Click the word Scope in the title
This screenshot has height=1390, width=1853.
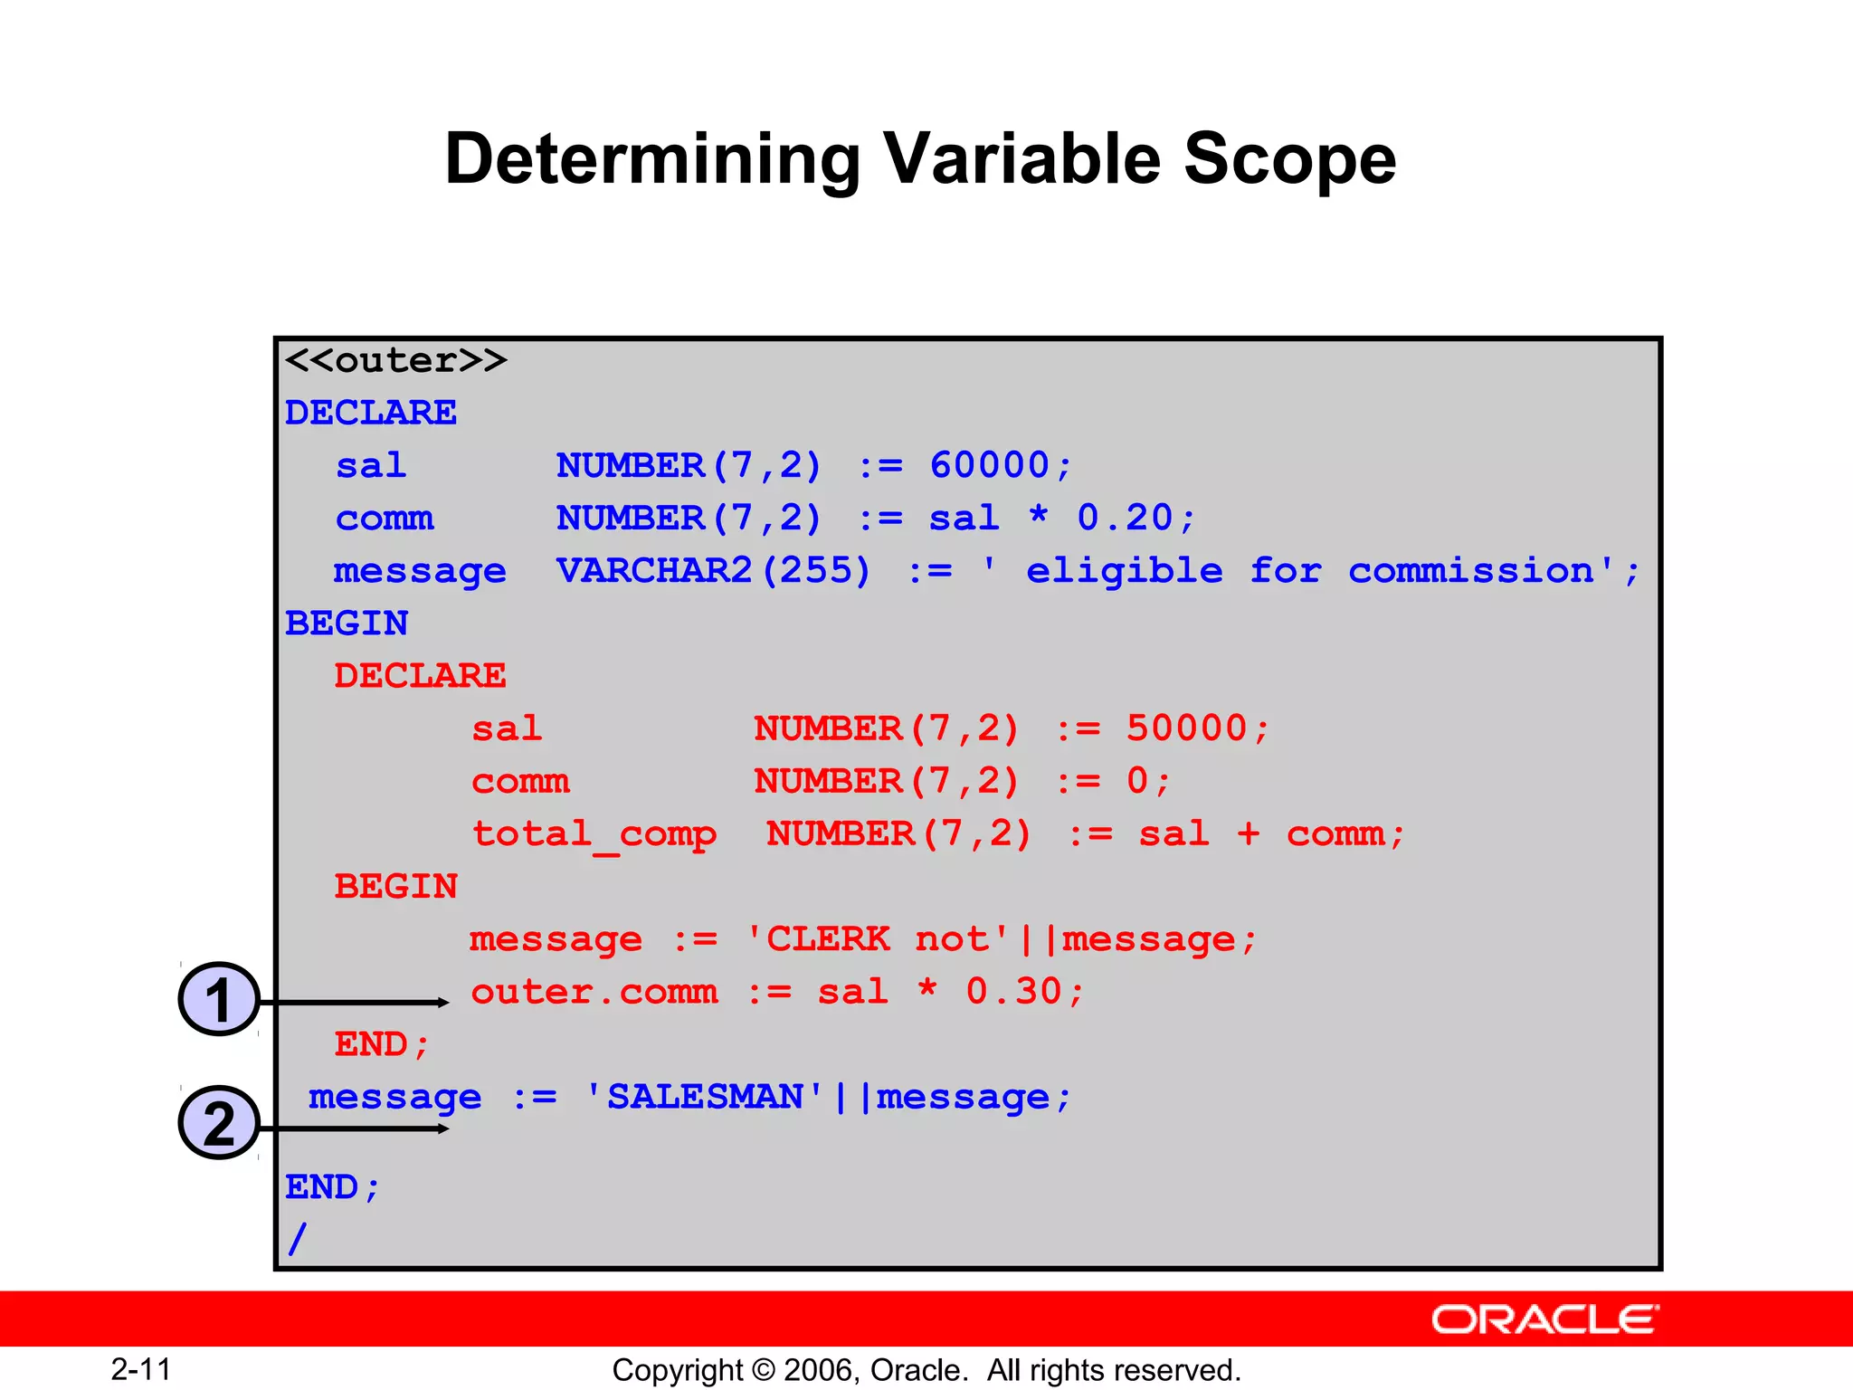point(1289,160)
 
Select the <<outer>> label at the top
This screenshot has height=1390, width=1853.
point(395,360)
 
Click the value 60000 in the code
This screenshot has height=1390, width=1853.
point(989,465)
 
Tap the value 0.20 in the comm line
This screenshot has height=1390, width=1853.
point(1125,518)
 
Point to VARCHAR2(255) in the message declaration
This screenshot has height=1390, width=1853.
point(713,570)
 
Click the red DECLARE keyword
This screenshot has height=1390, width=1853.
point(420,676)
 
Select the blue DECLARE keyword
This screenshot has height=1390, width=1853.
point(371,413)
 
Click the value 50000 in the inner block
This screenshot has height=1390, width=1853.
point(1186,728)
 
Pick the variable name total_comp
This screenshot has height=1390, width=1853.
point(594,834)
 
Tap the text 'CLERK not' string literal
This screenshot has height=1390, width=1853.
point(877,939)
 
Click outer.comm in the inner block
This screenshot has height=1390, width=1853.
point(594,992)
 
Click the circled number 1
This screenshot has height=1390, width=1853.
point(219,999)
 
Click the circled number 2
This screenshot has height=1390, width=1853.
point(219,1123)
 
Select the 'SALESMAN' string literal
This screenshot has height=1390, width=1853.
point(705,1097)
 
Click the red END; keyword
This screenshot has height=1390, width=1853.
point(381,1044)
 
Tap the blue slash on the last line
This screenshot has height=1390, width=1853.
point(298,1239)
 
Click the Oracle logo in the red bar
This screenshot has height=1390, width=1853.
point(1544,1319)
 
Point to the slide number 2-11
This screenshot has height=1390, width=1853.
point(141,1369)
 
